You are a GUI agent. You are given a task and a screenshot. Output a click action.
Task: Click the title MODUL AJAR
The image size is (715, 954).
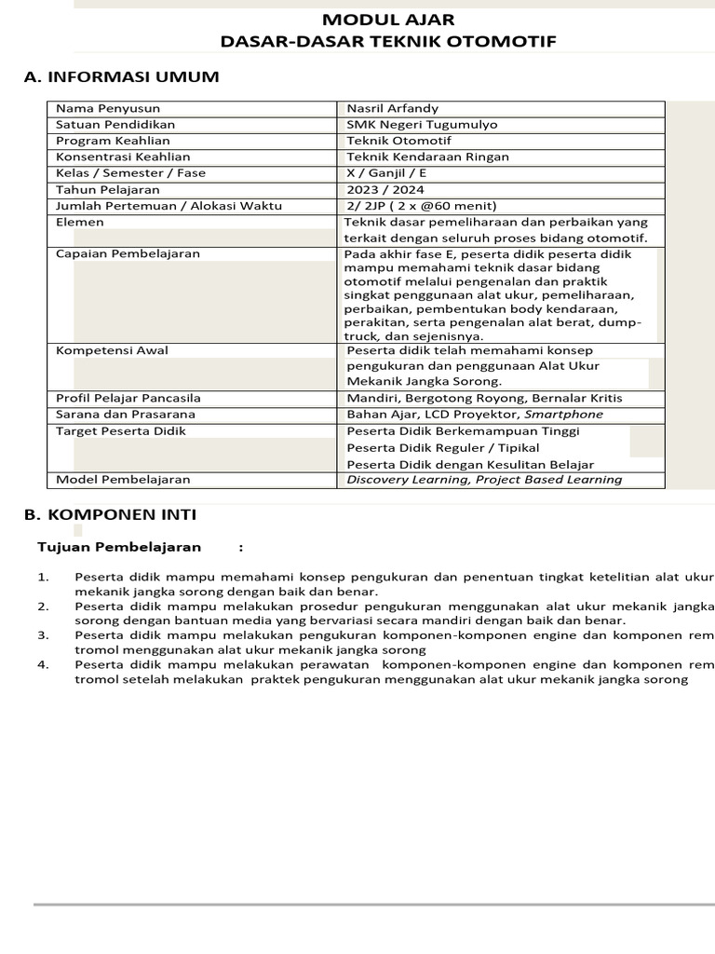point(388,20)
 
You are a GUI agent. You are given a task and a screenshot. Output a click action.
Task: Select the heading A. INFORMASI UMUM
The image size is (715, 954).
point(121,76)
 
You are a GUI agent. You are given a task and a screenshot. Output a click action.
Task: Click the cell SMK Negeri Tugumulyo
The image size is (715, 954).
point(422,124)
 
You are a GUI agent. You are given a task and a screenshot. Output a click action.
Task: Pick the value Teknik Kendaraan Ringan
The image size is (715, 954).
point(427,157)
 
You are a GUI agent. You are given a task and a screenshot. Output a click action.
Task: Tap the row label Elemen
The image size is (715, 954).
point(80,223)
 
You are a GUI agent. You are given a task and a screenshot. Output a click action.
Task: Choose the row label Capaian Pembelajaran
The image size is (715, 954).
point(128,253)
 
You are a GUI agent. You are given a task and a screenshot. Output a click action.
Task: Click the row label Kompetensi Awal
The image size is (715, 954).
point(112,350)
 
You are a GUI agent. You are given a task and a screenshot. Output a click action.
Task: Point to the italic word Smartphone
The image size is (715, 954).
point(563,415)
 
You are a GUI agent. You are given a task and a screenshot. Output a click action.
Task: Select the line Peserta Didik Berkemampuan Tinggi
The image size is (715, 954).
point(463,431)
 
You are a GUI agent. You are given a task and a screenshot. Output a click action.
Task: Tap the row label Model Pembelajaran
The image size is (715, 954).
point(123,480)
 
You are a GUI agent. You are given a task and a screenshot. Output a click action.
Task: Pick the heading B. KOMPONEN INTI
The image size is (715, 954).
point(110,514)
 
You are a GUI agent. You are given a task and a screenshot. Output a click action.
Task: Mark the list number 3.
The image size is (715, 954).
point(43,634)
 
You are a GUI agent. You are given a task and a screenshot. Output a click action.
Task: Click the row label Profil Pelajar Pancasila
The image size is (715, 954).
point(128,398)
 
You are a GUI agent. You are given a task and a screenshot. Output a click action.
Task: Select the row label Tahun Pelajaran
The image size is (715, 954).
point(107,189)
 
